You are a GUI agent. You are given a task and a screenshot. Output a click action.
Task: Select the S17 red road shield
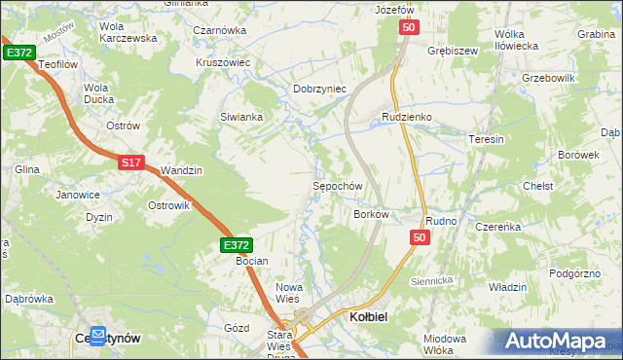tap(132, 163)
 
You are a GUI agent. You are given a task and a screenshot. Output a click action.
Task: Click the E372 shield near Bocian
tap(237, 245)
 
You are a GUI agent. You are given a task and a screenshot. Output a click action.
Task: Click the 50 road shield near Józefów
tap(408, 30)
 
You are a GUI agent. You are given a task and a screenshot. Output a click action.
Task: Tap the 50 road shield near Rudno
tap(420, 237)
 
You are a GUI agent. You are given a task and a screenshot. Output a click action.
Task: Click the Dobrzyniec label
tap(320, 89)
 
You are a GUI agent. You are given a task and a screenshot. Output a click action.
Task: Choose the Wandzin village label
tap(181, 170)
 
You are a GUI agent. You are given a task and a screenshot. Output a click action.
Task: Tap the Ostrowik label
tap(167, 205)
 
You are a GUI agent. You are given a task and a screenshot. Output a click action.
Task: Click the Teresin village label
tap(487, 139)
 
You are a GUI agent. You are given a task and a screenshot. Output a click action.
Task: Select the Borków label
tap(372, 213)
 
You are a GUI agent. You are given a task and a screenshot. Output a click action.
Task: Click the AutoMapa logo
tap(556, 341)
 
